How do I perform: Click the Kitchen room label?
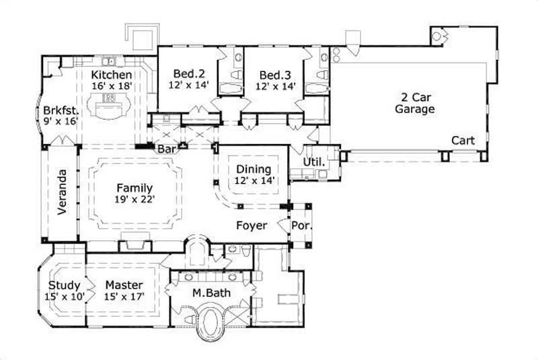pos(112,74)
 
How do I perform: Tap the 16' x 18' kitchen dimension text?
pos(112,86)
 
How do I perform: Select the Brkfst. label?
pos(61,110)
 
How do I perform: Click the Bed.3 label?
pos(275,74)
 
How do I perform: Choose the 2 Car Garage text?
pos(414,103)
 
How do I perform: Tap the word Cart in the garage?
pos(463,141)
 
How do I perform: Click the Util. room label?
pos(315,162)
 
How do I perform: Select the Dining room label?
pos(254,169)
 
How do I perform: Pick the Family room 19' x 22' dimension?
pos(133,200)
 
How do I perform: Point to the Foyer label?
pos(252,225)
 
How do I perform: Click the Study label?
pos(65,285)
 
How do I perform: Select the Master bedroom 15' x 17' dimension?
pos(125,297)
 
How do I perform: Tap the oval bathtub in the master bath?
pos(213,324)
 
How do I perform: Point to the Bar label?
pos(166,148)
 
